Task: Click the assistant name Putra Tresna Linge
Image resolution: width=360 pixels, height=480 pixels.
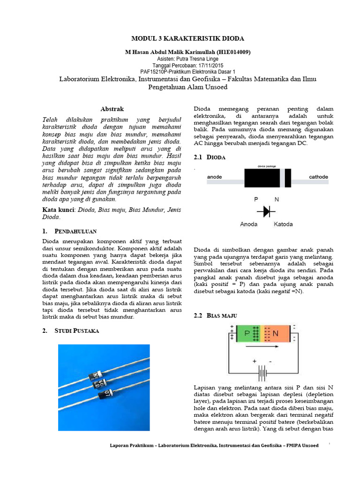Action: pyautogui.click(x=194, y=59)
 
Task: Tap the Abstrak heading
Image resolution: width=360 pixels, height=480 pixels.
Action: pyautogui.click(x=113, y=109)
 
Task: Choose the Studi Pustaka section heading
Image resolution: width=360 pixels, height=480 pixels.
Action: pyautogui.click(x=76, y=330)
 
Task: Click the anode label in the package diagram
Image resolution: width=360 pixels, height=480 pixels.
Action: pyautogui.click(x=215, y=177)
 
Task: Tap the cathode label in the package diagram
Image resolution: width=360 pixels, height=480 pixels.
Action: pyautogui.click(x=319, y=177)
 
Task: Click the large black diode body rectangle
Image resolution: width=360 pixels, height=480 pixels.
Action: pyautogui.click(x=262, y=178)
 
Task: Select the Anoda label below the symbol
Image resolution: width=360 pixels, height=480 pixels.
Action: pyautogui.click(x=248, y=224)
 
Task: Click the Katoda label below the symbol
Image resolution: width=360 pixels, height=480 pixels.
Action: pyautogui.click(x=283, y=224)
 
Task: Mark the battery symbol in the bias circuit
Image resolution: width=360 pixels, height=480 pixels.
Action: pyautogui.click(x=262, y=374)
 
